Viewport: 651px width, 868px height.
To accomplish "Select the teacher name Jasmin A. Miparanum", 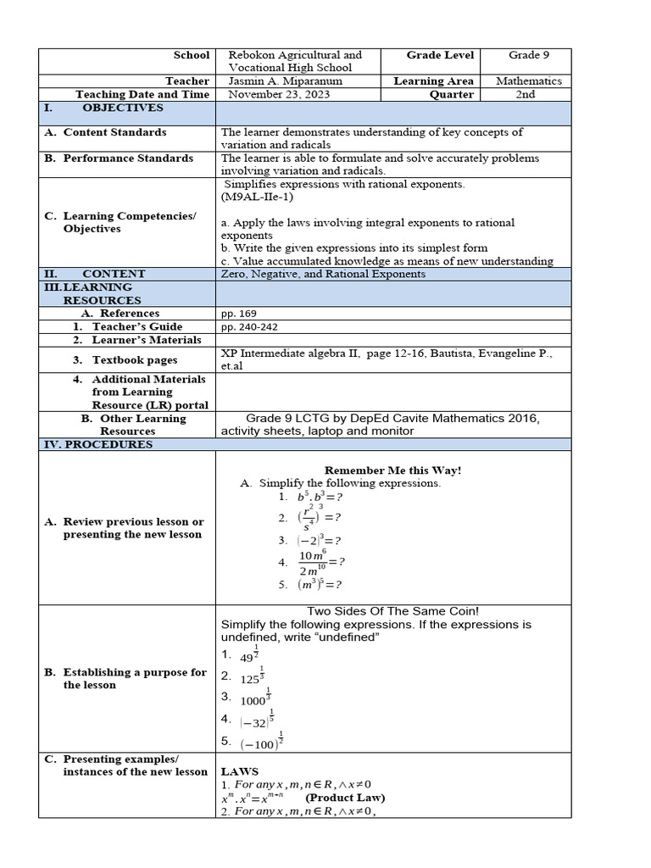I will (282, 81).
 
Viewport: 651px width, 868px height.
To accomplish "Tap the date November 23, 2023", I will (279, 94).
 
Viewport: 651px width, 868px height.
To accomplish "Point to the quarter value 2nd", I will (526, 94).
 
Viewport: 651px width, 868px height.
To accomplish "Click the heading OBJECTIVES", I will (123, 108).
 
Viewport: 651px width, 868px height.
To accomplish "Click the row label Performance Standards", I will (128, 159).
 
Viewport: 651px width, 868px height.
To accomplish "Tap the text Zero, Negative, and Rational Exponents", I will (323, 274).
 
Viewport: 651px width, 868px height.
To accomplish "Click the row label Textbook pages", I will (135, 360).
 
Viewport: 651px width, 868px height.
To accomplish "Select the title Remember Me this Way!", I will (393, 470).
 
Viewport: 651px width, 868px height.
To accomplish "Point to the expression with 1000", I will (253, 698).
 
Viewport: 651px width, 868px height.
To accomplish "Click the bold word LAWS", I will (240, 772).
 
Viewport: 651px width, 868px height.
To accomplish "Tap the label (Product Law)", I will (345, 798).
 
